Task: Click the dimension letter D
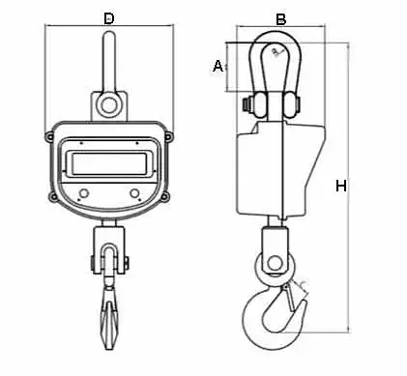[x=109, y=18]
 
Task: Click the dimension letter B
[x=281, y=19]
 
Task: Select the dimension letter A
[x=218, y=66]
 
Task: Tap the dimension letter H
[x=341, y=186]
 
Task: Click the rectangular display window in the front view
[x=109, y=163]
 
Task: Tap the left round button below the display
[x=84, y=193]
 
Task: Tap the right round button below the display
[x=134, y=193]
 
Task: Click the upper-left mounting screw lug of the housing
[x=49, y=137]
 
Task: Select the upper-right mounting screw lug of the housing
[x=168, y=137]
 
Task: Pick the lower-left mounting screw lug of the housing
[x=53, y=197]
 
